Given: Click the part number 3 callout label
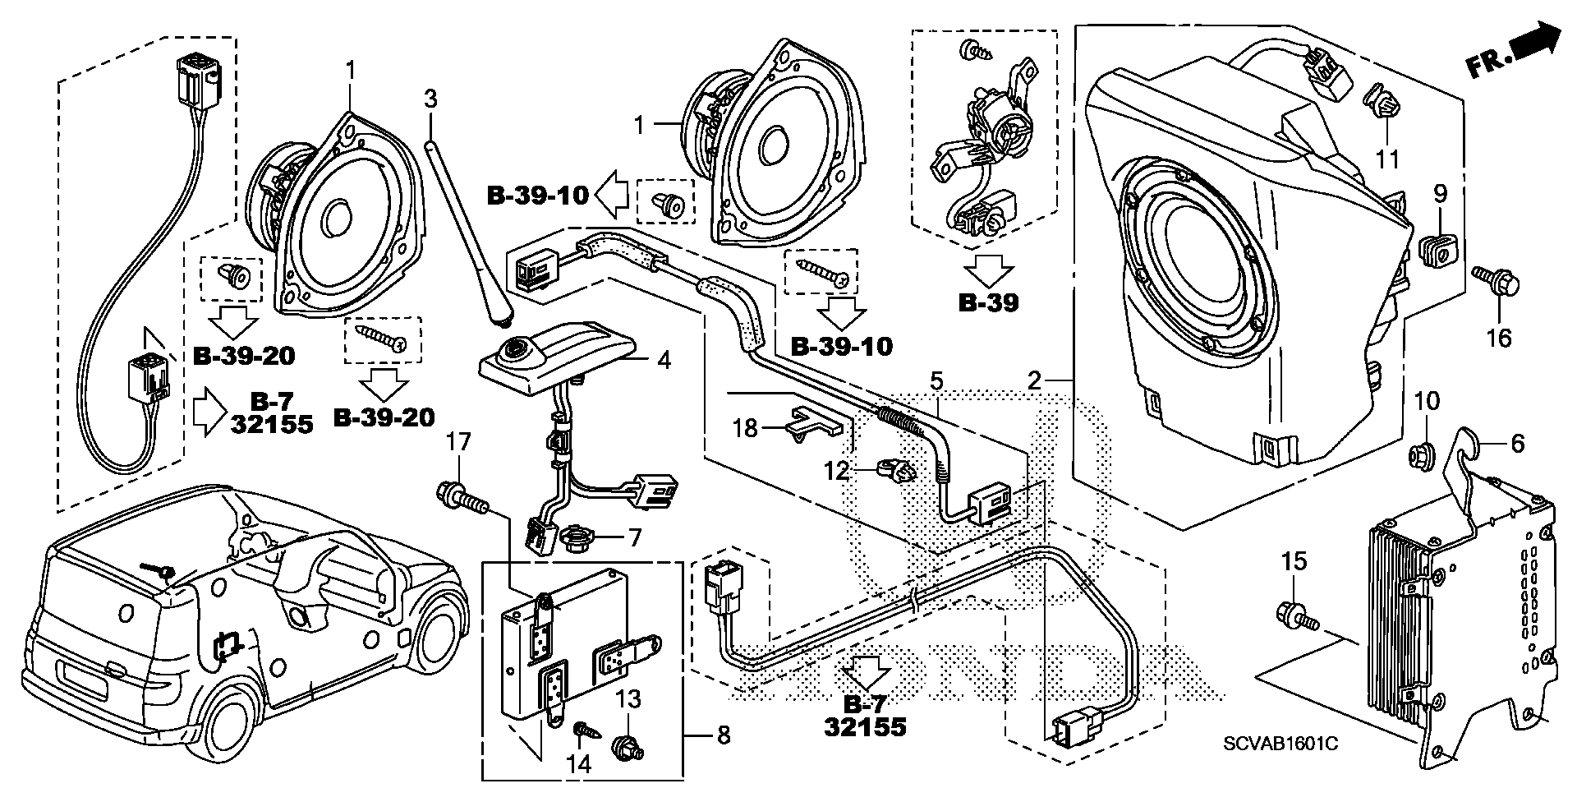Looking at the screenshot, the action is (x=430, y=99).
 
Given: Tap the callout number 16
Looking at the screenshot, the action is (x=1500, y=337).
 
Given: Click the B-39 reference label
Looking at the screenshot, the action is (x=989, y=303).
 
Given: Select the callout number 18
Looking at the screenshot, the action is (x=745, y=428).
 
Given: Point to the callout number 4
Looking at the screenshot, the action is (x=663, y=359).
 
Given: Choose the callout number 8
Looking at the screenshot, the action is (x=723, y=735).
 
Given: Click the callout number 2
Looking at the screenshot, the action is (x=1035, y=380).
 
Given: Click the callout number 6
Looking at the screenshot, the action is (x=1517, y=444).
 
